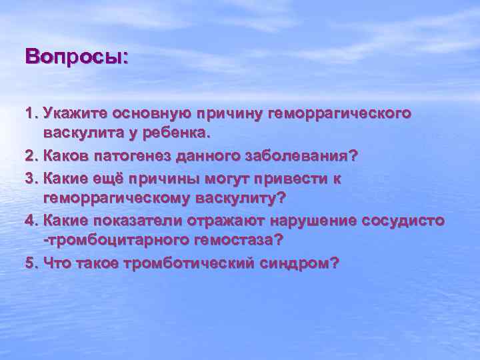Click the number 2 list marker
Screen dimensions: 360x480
[x=30, y=155]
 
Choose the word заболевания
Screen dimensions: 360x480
[x=304, y=155]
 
